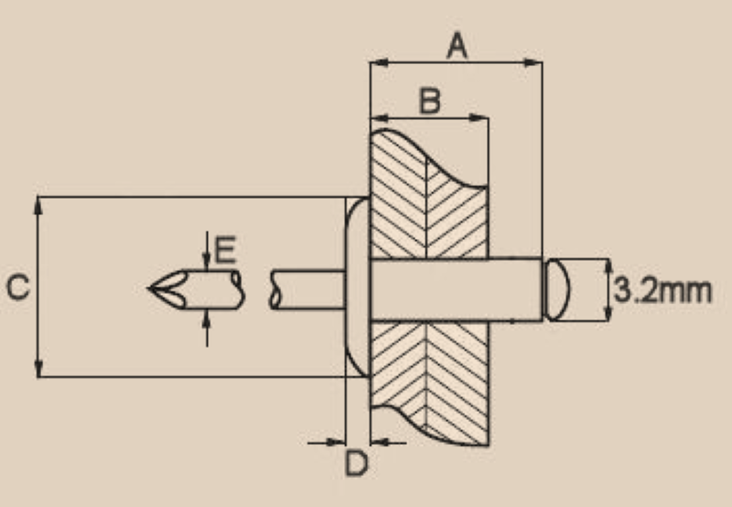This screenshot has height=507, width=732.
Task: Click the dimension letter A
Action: pos(457,44)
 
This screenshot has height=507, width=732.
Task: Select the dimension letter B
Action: pos(429,101)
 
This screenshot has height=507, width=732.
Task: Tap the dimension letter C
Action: pos(17,288)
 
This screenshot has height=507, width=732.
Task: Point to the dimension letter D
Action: pos(356,464)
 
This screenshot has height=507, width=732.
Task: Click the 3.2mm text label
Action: pos(662,291)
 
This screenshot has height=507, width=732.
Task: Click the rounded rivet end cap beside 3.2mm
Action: pos(557,290)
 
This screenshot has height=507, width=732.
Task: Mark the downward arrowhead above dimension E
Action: pos(208,262)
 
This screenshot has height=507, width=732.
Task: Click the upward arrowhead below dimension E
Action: pos(208,317)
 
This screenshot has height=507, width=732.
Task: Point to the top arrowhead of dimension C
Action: pos(38,205)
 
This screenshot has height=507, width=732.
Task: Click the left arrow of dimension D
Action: pos(337,442)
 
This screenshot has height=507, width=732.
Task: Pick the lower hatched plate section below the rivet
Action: pos(428,380)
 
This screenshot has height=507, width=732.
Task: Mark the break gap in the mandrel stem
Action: pos(259,288)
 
